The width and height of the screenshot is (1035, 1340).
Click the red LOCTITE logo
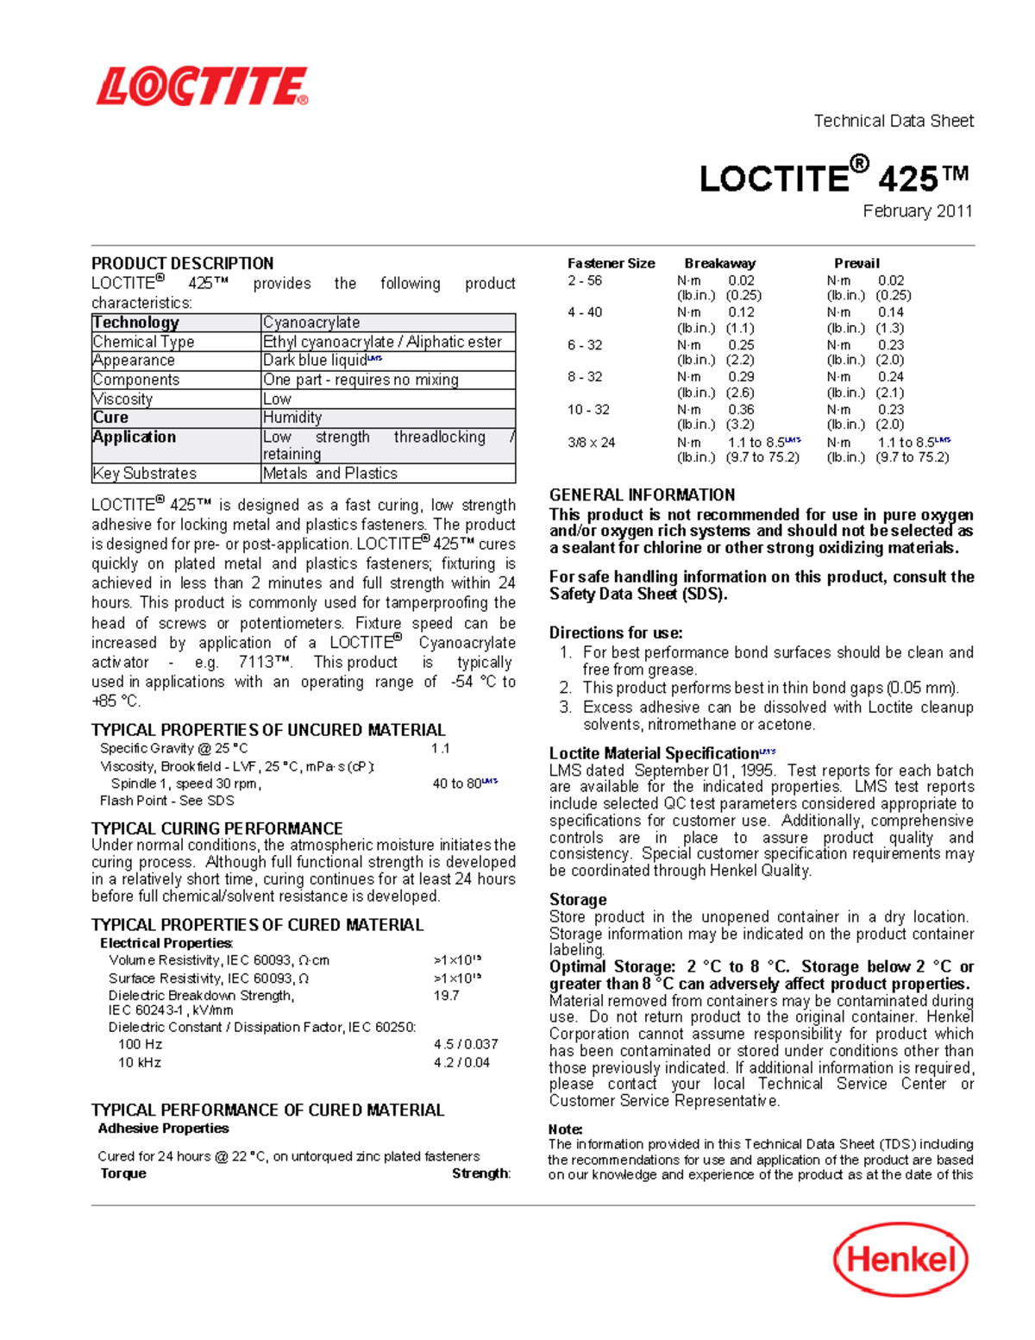(x=202, y=87)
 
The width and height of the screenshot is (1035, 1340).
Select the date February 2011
(x=918, y=211)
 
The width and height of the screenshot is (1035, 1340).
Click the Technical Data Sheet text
(x=894, y=121)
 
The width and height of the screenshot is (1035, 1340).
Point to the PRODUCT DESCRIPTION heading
(x=182, y=263)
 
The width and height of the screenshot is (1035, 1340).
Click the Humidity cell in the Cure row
(x=292, y=418)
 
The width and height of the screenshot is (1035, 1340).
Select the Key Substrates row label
(x=145, y=473)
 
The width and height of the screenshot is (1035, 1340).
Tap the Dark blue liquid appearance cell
(x=316, y=361)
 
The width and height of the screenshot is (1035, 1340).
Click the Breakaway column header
(x=719, y=263)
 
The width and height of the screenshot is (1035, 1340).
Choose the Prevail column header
(x=856, y=263)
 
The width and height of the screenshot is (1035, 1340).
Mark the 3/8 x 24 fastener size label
(x=591, y=443)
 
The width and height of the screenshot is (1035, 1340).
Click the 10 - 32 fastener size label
(x=588, y=410)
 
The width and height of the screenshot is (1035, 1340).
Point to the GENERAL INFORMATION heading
(x=642, y=494)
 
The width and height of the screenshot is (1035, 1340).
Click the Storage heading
(x=578, y=899)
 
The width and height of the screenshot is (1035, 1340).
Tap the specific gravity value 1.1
(x=440, y=749)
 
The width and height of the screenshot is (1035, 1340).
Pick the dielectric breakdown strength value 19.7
(x=446, y=996)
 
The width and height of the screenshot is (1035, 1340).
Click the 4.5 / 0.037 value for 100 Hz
(x=466, y=1044)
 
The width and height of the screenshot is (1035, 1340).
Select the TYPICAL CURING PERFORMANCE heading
(x=217, y=828)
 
